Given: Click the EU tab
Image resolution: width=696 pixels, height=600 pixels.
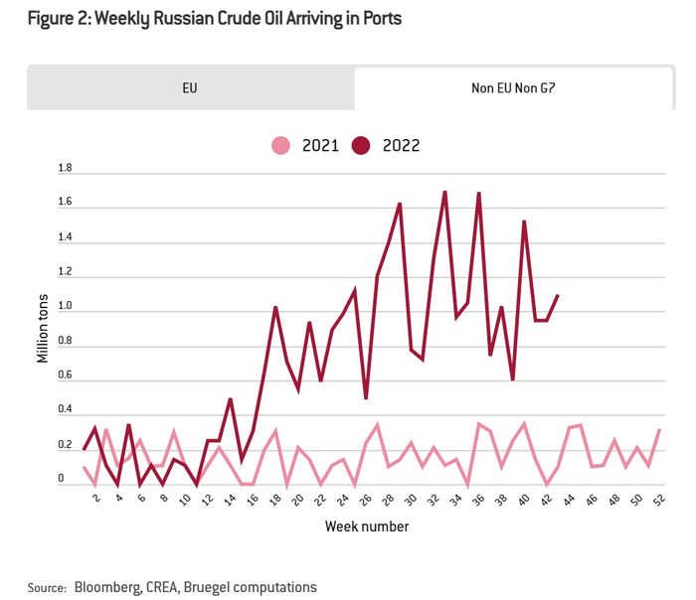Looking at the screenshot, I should point(189,87).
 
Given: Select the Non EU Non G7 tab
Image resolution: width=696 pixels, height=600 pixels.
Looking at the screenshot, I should point(514,87).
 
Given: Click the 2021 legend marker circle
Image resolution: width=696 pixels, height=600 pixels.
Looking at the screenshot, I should point(281,146).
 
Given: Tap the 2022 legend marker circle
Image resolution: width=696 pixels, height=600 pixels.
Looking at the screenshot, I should point(361,146).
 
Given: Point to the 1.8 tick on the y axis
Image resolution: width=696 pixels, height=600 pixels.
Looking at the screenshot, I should point(65,169).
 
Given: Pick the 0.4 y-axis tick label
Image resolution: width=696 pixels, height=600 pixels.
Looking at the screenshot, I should point(65,409).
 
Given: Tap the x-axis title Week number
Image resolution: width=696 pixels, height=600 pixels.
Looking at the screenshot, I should point(366,525).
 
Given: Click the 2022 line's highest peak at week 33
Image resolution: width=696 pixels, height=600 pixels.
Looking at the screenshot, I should point(444,192).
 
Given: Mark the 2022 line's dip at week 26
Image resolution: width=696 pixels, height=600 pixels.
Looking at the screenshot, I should point(366,398).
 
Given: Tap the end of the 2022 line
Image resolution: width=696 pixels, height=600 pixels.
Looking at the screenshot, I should point(558,295).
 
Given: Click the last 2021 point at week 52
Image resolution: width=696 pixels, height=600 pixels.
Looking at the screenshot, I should point(658,430).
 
